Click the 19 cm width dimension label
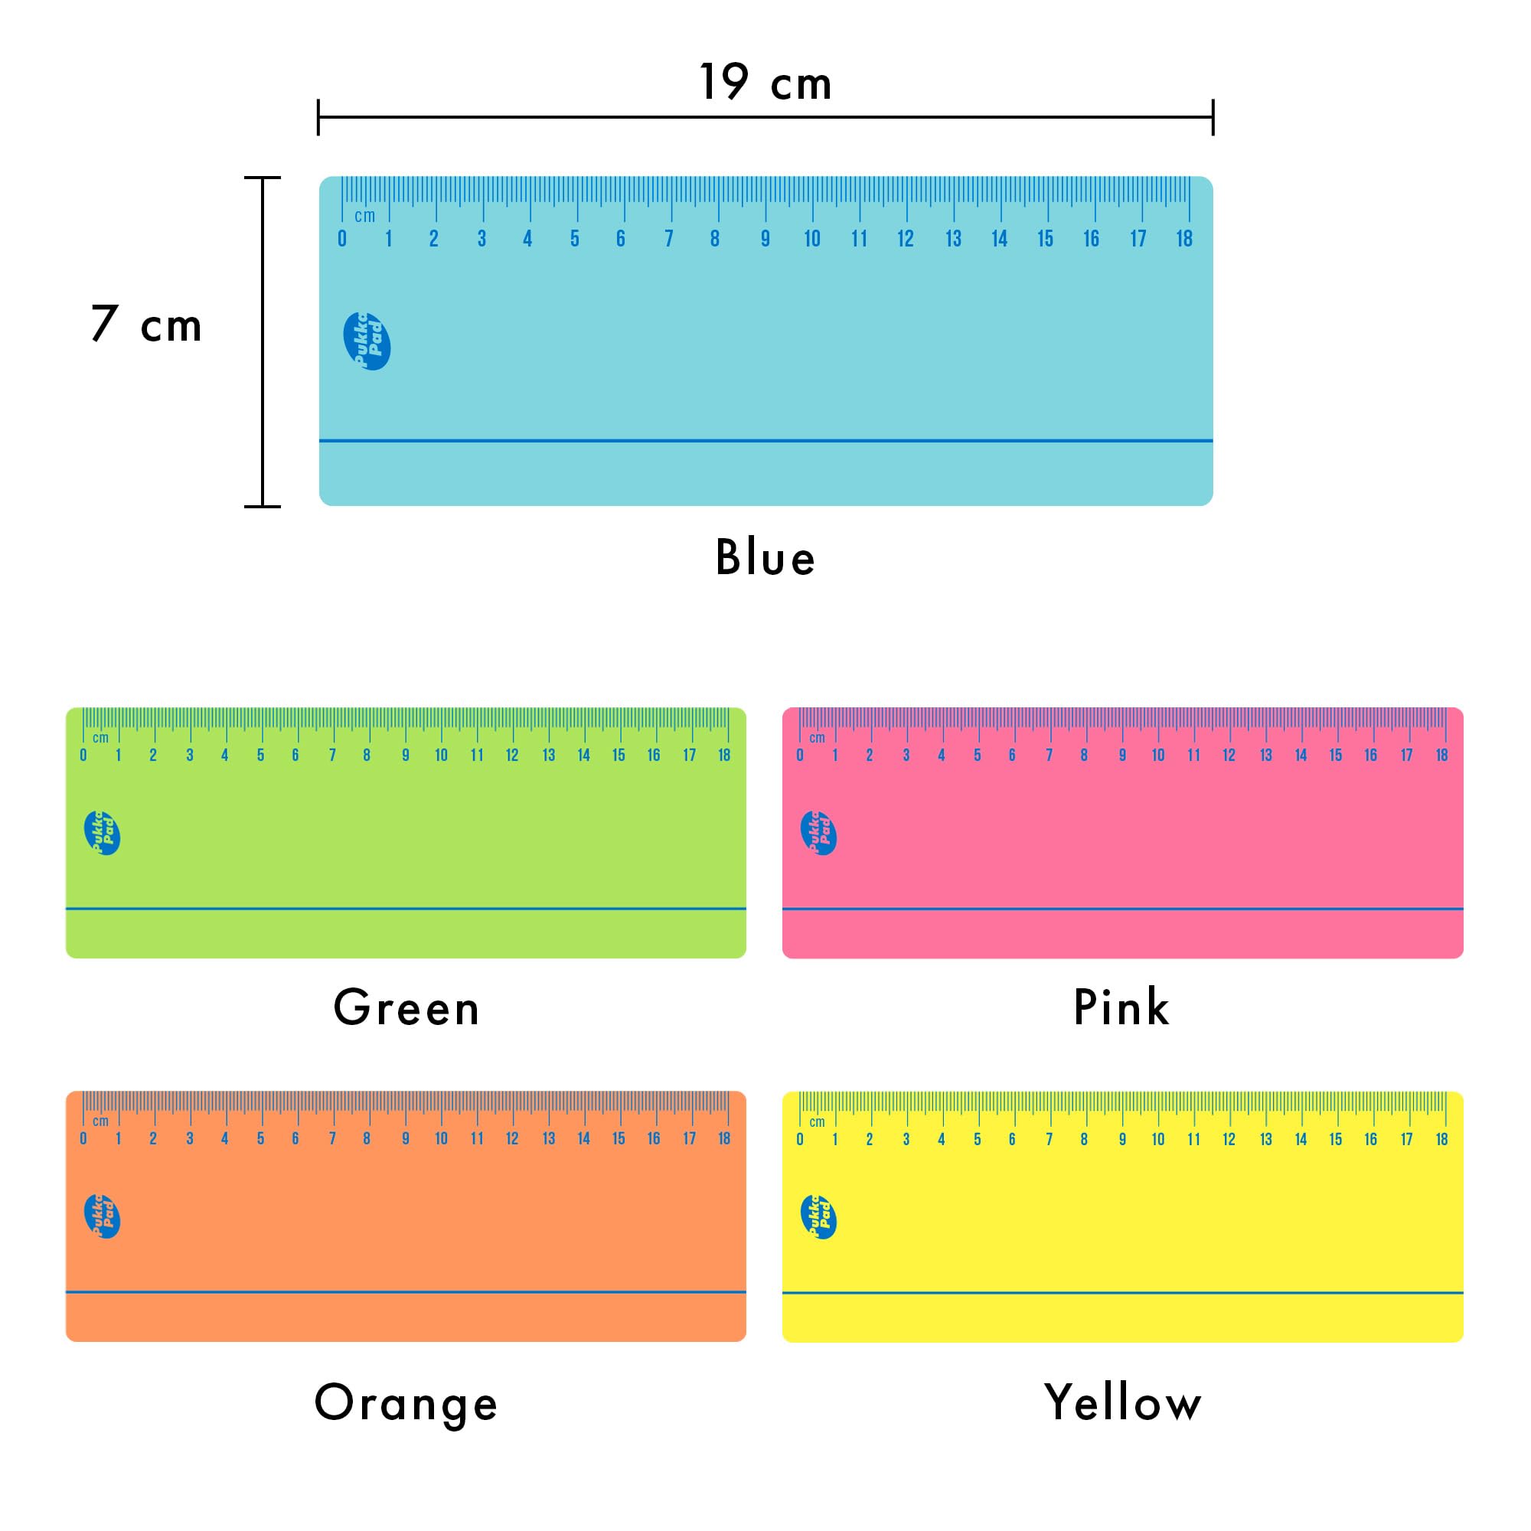pyautogui.click(x=765, y=83)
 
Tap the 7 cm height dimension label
pyautogui.click(x=147, y=324)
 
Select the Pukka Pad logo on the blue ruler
pyautogui.click(x=367, y=341)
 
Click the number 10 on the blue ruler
pyautogui.click(x=812, y=239)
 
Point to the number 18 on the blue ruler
pyautogui.click(x=1184, y=239)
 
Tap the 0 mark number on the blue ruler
pyautogui.click(x=341, y=239)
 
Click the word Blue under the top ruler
pyautogui.click(x=765, y=557)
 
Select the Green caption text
pyautogui.click(x=406, y=1007)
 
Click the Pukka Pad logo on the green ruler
pyautogui.click(x=103, y=833)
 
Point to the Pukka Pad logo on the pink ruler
pyautogui.click(x=818, y=833)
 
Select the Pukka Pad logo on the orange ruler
pyautogui.click(x=103, y=1216)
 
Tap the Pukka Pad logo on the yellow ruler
pyautogui.click(x=818, y=1217)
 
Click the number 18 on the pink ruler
pyautogui.click(x=1441, y=756)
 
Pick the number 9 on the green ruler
pyautogui.click(x=406, y=756)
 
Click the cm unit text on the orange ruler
pyautogui.click(x=100, y=1121)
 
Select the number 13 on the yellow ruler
pyautogui.click(x=1265, y=1139)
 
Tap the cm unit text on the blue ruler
pyautogui.click(x=364, y=216)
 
